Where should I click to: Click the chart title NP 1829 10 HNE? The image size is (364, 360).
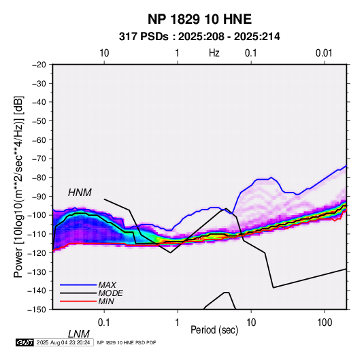click(199, 19)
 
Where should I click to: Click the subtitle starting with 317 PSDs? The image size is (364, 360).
click(199, 37)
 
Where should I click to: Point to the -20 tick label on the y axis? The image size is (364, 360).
click(39, 65)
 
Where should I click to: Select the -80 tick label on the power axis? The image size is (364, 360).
click(39, 178)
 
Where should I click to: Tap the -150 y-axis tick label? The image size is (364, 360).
click(37, 310)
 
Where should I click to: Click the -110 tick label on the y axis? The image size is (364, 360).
click(37, 234)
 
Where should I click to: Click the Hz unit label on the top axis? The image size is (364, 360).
click(214, 53)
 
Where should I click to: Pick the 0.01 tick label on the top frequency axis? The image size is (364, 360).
click(324, 53)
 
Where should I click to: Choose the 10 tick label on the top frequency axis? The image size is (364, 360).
click(104, 53)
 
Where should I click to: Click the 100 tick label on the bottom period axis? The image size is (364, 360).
click(325, 323)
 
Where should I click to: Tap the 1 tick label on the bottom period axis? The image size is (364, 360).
click(178, 323)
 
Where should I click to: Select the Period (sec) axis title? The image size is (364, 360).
click(214, 330)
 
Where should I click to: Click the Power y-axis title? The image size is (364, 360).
click(18, 186)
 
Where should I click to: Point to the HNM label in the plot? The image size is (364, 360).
click(80, 193)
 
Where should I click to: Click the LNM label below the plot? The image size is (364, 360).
click(79, 334)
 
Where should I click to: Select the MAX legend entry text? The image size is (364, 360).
click(107, 285)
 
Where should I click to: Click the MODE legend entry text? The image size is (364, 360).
click(110, 293)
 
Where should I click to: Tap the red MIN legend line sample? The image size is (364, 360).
click(78, 301)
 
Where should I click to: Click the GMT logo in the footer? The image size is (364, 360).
click(24, 342)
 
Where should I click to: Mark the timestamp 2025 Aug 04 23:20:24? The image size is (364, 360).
click(63, 342)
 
